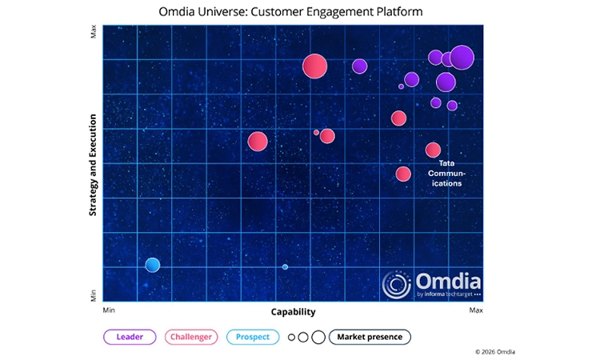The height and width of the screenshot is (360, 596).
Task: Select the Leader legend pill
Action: click(x=130, y=337)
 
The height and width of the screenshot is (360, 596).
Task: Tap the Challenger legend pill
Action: click(x=192, y=337)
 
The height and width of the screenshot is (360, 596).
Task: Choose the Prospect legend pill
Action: click(x=253, y=337)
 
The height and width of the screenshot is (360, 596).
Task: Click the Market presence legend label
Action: click(x=370, y=337)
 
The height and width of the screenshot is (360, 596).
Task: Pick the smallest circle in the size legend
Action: click(x=292, y=338)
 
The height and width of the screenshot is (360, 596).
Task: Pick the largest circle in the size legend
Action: click(x=318, y=337)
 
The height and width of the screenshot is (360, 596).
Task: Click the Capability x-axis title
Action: click(x=293, y=312)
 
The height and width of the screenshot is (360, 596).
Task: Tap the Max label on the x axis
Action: click(x=476, y=309)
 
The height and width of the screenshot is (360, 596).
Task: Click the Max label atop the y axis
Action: click(x=94, y=34)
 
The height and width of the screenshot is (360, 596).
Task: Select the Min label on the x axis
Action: click(x=109, y=309)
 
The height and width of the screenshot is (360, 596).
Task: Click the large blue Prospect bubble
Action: click(x=152, y=265)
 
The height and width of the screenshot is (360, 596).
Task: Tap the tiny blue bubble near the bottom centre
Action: click(x=285, y=266)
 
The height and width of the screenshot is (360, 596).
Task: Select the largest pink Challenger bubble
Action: click(x=315, y=66)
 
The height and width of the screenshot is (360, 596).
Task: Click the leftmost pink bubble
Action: click(x=258, y=142)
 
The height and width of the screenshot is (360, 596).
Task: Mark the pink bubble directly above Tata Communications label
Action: click(x=433, y=150)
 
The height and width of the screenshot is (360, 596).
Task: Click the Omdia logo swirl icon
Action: click(x=397, y=286)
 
